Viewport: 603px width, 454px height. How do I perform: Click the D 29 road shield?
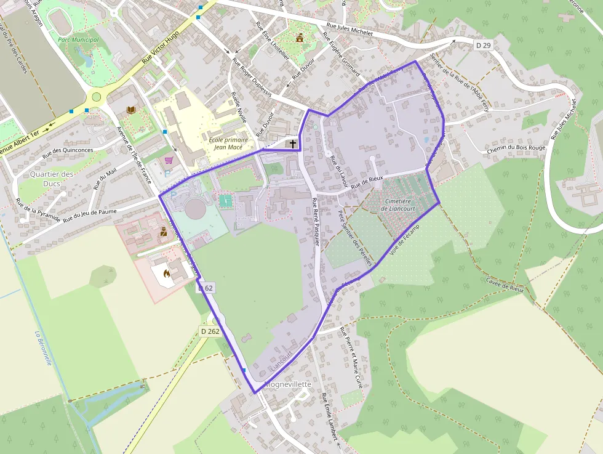tap(483, 45)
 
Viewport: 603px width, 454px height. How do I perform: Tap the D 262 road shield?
tap(210, 331)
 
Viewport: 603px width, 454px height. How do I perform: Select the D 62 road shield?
tap(206, 288)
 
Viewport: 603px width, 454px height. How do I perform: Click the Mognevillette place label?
tap(288, 384)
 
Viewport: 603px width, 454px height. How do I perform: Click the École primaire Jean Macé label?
tap(228, 143)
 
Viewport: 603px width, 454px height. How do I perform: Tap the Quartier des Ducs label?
tap(52, 179)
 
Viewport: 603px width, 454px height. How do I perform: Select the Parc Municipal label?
tap(78, 39)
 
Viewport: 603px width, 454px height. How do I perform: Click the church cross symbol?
tap(293, 144)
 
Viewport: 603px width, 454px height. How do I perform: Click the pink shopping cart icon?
tap(169, 160)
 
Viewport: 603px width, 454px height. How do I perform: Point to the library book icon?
tap(130, 110)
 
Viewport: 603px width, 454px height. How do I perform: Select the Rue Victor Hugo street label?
tap(163, 47)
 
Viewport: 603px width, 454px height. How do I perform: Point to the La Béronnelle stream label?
tap(43, 349)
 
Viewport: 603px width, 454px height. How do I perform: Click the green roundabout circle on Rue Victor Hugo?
tap(96, 96)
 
